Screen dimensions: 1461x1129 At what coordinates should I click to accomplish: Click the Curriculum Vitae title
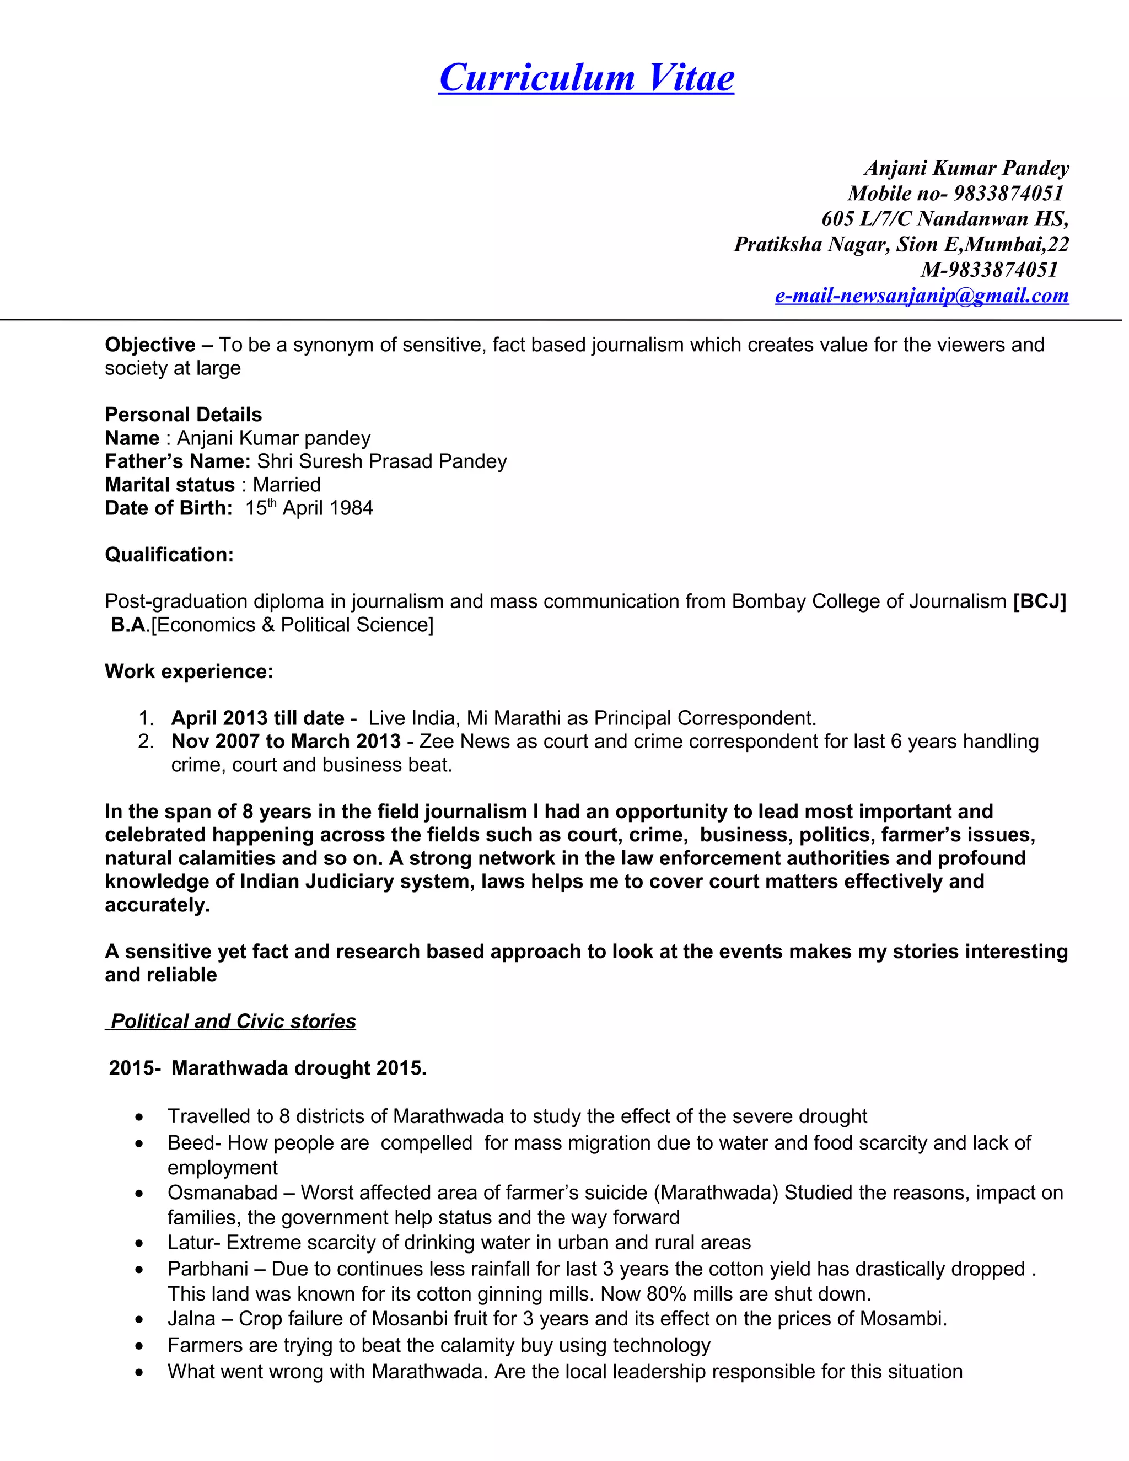586,78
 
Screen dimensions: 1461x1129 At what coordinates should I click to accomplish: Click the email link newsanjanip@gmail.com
921,296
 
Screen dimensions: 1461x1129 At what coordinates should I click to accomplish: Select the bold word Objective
150,345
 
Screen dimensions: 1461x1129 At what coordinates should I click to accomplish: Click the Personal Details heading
183,414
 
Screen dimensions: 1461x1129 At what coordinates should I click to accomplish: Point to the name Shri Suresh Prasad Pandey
382,461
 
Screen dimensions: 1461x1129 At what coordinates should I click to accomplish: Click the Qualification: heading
169,555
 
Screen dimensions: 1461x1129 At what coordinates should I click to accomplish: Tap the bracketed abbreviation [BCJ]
1039,601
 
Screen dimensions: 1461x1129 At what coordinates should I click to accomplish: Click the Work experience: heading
189,671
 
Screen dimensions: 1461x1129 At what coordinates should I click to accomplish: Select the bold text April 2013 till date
257,718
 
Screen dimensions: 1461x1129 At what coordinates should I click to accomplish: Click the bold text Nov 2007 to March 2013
286,741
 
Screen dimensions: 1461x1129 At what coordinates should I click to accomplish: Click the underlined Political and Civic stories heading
233,1021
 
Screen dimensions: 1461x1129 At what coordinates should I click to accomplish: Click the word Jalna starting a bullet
191,1319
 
